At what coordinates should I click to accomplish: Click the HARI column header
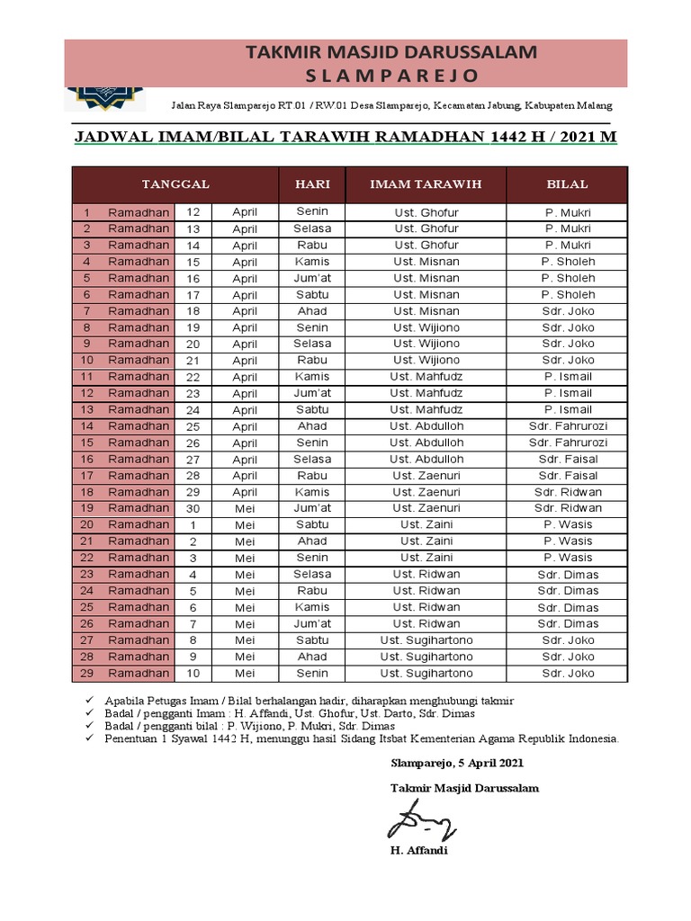click(312, 184)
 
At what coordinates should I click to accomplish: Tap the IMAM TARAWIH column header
click(426, 184)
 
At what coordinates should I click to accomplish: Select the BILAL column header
click(567, 184)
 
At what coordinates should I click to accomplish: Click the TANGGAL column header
click(175, 184)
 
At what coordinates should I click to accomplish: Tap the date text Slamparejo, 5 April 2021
click(456, 763)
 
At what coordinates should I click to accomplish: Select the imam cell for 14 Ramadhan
click(426, 426)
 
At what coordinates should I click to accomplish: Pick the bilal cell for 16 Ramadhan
click(567, 459)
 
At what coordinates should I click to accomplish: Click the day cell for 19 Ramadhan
click(312, 508)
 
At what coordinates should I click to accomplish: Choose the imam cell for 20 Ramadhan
click(426, 524)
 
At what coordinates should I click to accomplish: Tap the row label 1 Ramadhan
click(126, 212)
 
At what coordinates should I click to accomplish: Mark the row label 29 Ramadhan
click(126, 673)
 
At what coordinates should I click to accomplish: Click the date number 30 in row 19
click(193, 509)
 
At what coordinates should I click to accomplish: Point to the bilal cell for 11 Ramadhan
click(567, 377)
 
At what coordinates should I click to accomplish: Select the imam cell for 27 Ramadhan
click(426, 640)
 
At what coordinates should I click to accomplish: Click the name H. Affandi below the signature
click(418, 851)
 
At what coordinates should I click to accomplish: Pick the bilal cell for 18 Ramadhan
click(567, 492)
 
